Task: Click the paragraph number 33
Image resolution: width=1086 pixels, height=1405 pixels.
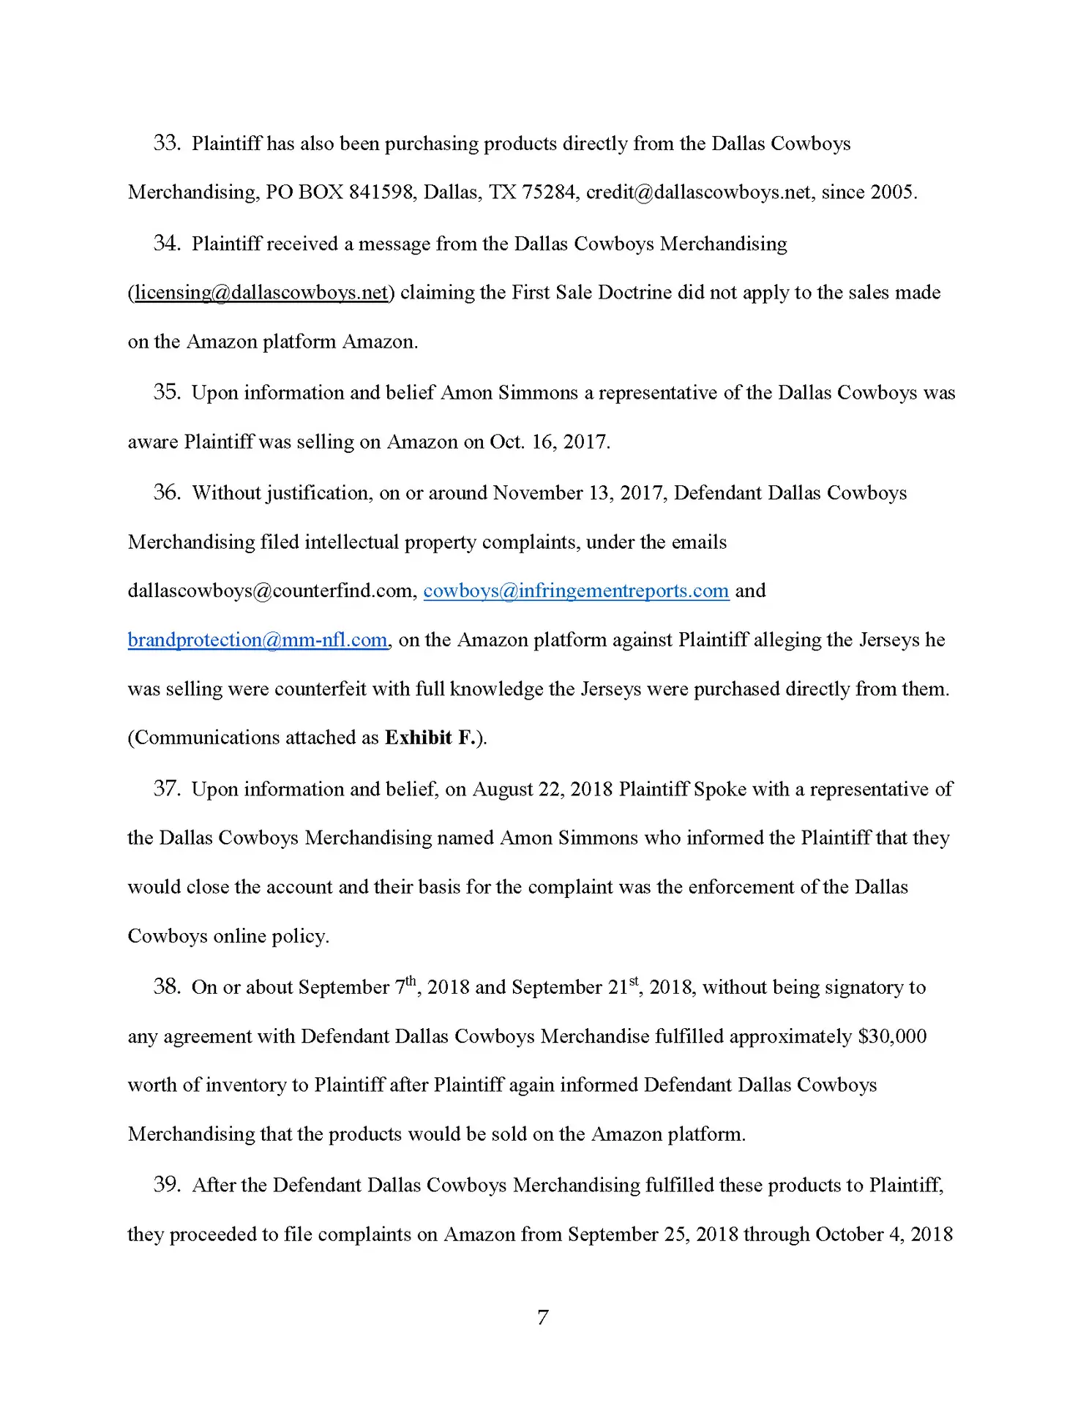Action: tap(166, 143)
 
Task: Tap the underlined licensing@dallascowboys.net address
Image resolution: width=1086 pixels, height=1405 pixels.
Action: tap(261, 293)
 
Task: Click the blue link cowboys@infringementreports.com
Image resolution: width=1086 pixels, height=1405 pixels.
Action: tap(576, 591)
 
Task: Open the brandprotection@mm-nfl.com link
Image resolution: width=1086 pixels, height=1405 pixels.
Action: tap(258, 640)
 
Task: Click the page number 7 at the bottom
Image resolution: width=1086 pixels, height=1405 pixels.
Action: tap(542, 1317)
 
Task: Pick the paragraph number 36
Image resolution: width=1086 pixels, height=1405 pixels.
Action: tap(166, 492)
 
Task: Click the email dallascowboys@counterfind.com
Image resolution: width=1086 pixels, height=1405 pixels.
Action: tap(272, 591)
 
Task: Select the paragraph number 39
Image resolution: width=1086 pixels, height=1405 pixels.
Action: tap(166, 1185)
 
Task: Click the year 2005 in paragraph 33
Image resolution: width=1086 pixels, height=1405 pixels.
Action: tap(891, 192)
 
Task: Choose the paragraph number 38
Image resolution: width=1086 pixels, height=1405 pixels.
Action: tap(166, 987)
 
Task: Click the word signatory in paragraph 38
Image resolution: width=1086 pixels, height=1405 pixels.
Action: tap(862, 987)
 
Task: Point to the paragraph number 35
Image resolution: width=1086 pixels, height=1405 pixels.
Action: tap(166, 392)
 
